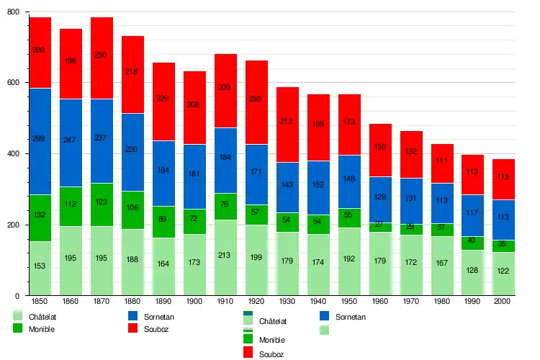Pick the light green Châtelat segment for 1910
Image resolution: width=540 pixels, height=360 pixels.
(225, 257)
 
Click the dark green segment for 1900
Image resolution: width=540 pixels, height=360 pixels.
(194, 221)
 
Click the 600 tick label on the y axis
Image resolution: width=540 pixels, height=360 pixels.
(14, 83)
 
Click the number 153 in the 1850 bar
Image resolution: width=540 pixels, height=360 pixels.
(40, 267)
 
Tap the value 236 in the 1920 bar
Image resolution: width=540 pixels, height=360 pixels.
(256, 99)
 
